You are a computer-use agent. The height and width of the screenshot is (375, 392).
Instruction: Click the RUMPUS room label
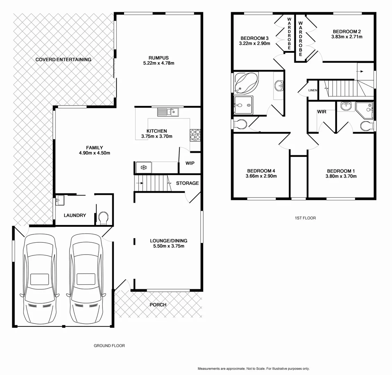pos(158,58)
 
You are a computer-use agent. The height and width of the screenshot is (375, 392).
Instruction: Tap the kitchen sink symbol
pos(168,112)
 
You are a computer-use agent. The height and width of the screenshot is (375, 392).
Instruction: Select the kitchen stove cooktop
pos(195,134)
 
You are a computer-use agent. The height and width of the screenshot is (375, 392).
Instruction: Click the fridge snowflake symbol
pos(142,168)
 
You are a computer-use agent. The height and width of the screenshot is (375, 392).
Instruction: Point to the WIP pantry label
pos(190,163)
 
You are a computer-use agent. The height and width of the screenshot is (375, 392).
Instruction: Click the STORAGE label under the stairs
pos(187,183)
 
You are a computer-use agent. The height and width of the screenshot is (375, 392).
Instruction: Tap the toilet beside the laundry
pos(103,218)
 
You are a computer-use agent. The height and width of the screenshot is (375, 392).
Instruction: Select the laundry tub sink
pos(60,200)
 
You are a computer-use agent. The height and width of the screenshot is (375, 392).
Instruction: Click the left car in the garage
pos(38,278)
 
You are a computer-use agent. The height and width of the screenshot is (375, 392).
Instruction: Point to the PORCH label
pos(158,305)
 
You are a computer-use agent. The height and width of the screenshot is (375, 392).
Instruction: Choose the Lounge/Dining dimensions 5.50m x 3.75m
pos(169,246)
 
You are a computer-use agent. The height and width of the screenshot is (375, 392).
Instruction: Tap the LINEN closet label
pos(312,90)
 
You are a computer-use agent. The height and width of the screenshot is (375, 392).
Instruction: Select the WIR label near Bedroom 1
pos(321,112)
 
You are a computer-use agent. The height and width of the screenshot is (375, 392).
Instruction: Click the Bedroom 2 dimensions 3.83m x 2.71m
pos(346,36)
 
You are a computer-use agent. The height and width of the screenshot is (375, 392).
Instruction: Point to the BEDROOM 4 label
pos(261,171)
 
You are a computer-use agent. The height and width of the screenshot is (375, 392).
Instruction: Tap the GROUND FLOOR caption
pos(109,345)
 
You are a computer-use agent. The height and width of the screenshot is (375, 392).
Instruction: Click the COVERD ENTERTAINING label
pos(63,59)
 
